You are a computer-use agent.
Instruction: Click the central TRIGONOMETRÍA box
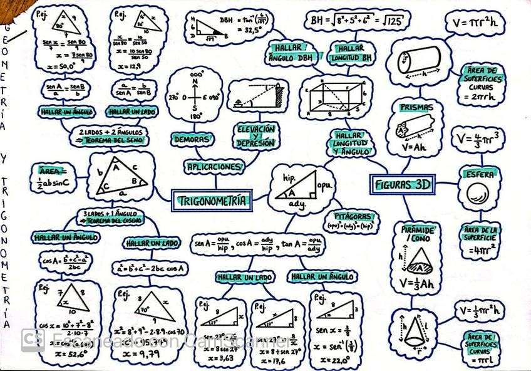pos(212,201)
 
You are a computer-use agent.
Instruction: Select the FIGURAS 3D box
pos(403,184)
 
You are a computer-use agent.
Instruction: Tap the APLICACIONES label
pos(213,167)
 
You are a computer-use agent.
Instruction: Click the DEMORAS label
pos(192,138)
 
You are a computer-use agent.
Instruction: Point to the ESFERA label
pos(479,175)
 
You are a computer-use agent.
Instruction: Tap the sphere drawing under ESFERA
pos(478,194)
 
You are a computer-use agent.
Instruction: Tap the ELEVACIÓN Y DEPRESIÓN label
pos(255,136)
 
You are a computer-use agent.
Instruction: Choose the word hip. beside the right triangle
pos(289,177)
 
